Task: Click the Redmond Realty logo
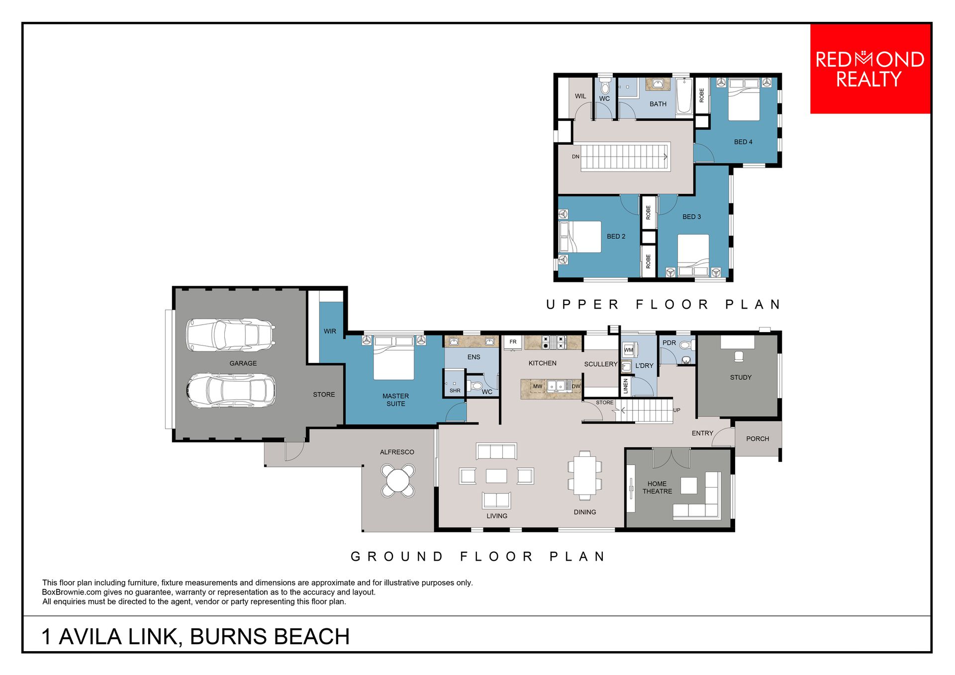point(870,69)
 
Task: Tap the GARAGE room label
point(243,363)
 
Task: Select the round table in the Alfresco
point(398,481)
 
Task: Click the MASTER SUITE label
point(396,400)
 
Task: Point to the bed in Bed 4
point(744,99)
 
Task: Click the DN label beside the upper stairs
point(575,157)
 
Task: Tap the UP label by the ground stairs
point(676,410)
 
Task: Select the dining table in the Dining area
point(584,475)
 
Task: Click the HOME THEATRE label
point(657,488)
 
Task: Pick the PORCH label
point(758,439)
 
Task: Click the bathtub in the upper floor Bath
point(684,96)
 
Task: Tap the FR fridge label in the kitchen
point(513,342)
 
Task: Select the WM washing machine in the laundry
point(629,350)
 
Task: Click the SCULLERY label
point(601,364)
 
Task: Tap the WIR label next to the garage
point(330,331)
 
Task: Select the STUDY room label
point(741,378)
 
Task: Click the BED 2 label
point(616,237)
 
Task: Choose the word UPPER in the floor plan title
point(582,304)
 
